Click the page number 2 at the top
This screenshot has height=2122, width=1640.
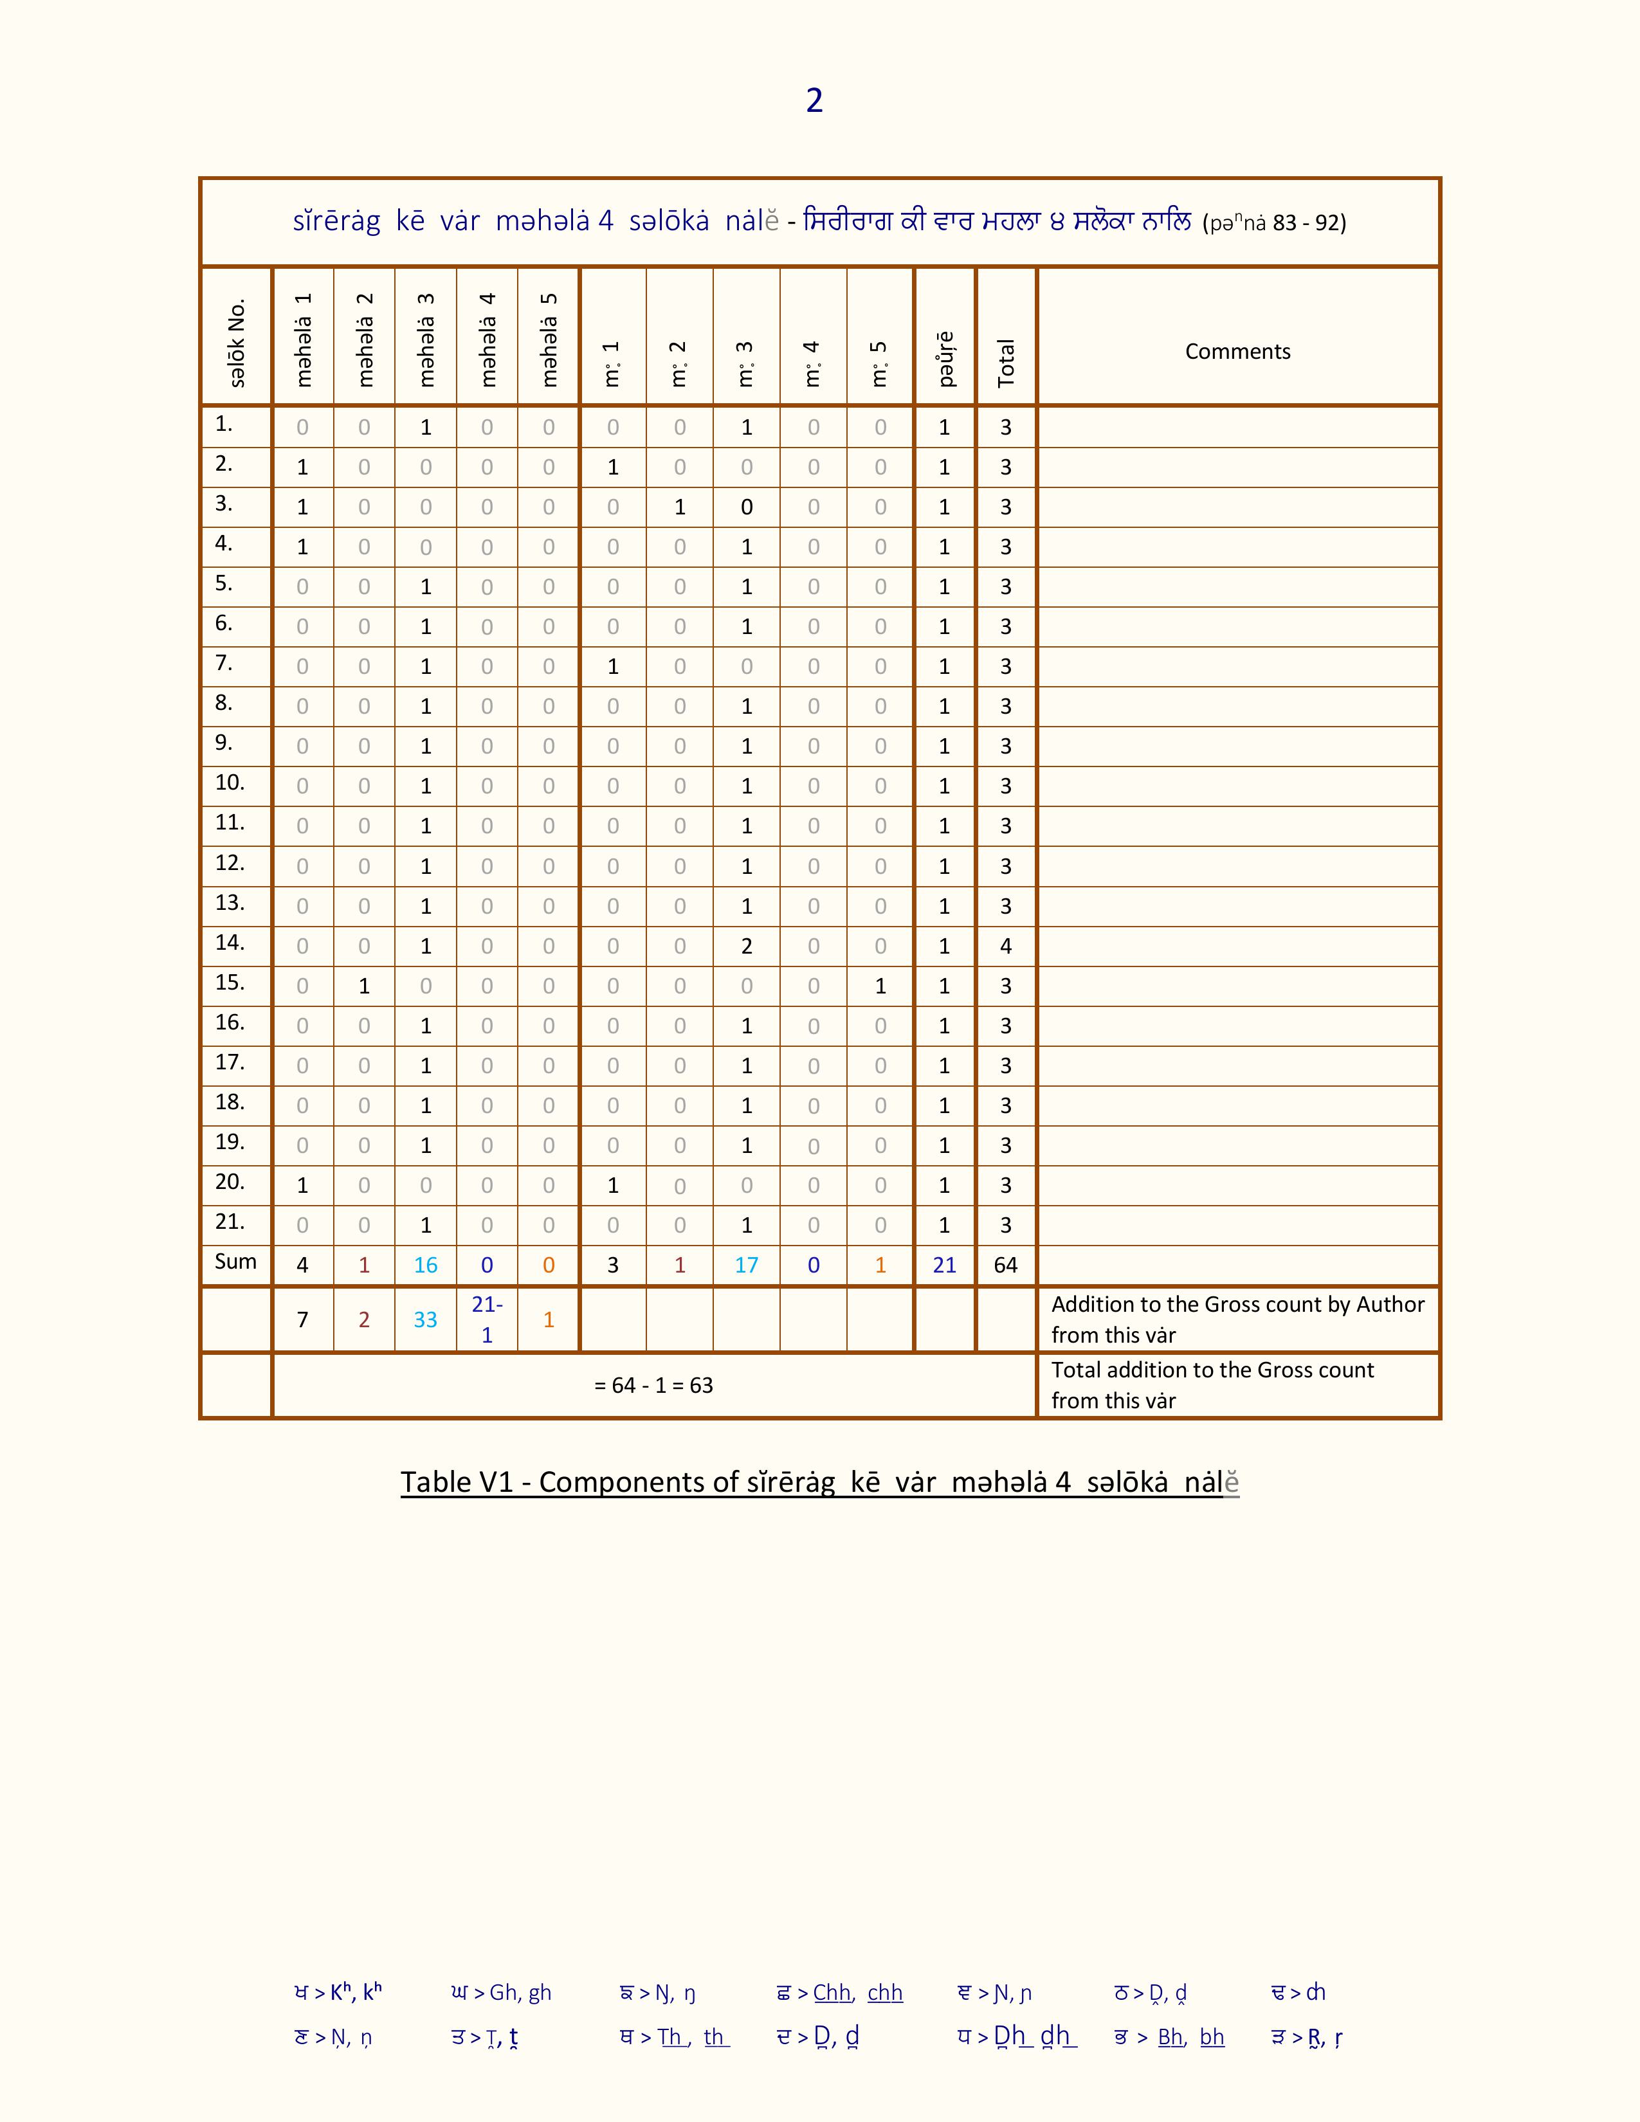click(x=814, y=100)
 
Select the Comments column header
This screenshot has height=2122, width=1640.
click(x=1237, y=352)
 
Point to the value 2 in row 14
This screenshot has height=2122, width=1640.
click(x=746, y=947)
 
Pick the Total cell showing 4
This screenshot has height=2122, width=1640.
click(x=1006, y=947)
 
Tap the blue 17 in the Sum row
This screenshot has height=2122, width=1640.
click(x=746, y=1265)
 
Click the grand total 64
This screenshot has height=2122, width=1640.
click(x=1006, y=1265)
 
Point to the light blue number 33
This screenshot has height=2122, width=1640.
click(x=426, y=1319)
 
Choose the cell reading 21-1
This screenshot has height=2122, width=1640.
click(x=487, y=1319)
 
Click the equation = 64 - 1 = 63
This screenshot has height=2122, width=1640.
click(x=653, y=1386)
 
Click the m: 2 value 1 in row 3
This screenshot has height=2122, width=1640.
click(x=680, y=507)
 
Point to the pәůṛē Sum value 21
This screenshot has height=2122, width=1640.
click(x=944, y=1265)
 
